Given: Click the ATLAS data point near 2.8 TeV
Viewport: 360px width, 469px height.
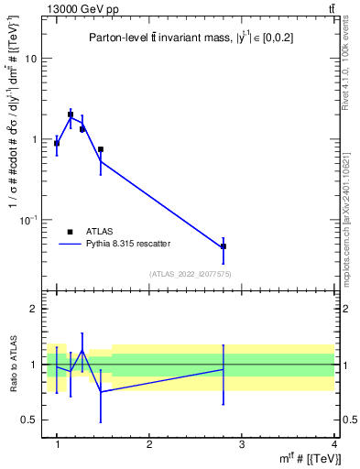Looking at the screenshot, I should (224, 246).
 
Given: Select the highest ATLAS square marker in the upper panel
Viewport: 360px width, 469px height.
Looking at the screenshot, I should (71, 115).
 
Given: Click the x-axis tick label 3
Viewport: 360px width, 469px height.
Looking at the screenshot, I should (242, 444).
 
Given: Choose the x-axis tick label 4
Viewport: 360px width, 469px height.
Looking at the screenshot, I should (334, 444).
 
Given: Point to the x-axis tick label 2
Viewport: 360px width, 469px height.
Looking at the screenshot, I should (149, 444).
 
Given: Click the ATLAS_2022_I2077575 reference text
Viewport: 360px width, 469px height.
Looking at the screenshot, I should (190, 274).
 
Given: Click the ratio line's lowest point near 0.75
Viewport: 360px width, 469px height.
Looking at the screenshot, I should (101, 392).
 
